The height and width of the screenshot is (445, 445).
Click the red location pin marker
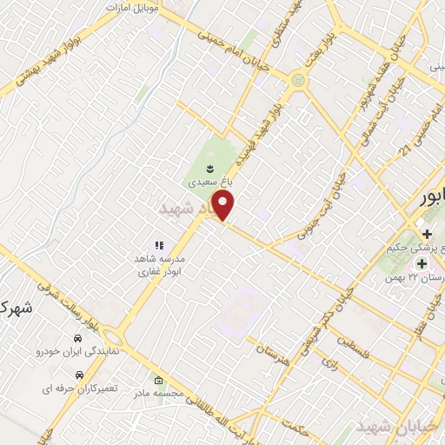[x=224, y=206]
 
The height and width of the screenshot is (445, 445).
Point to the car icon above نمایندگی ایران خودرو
[x=77, y=337]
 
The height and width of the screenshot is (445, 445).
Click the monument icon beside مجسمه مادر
[x=157, y=382]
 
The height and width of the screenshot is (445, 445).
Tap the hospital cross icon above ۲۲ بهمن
[x=422, y=263]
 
